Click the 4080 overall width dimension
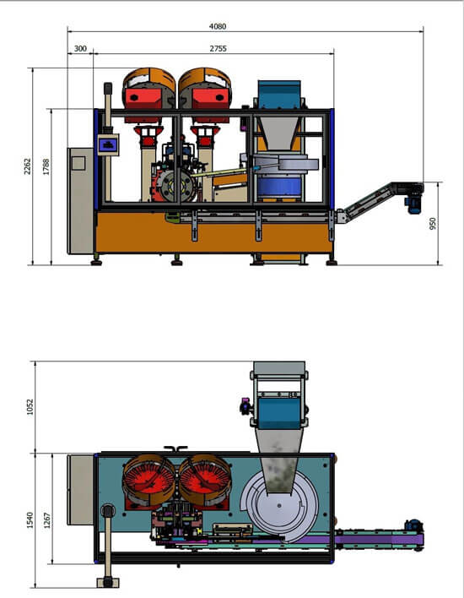pyautogui.click(x=218, y=26)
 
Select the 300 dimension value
pyautogui.click(x=80, y=48)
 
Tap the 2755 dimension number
pyautogui.click(x=218, y=48)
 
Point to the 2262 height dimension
pyautogui.click(x=28, y=166)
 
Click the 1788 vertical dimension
pyautogui.click(x=46, y=166)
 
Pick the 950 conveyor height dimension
pyautogui.click(x=433, y=224)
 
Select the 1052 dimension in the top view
pyautogui.click(x=30, y=407)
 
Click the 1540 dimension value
pyautogui.click(x=30, y=520)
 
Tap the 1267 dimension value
pyautogui.click(x=47, y=520)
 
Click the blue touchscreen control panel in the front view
pyautogui.click(x=108, y=144)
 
